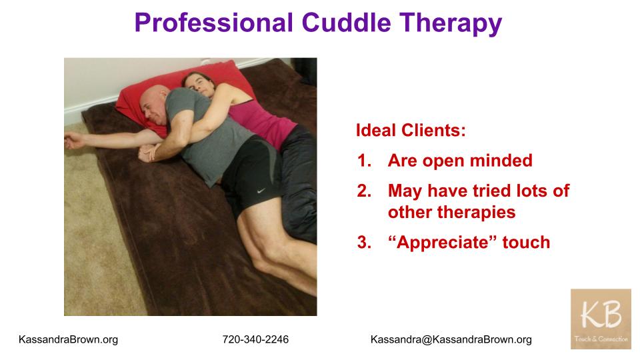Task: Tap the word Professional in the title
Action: pos(214,23)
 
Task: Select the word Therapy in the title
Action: pos(451,24)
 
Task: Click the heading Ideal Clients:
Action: pos(411,130)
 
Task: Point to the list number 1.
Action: pos(364,161)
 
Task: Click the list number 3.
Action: pos(364,242)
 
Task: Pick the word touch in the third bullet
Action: pos(526,242)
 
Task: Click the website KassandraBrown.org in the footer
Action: pos(68,339)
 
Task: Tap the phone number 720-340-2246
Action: pos(255,339)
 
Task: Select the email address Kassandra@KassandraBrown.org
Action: pos(451,339)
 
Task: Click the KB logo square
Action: pos(601,319)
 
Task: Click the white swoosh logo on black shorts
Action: pos(261,191)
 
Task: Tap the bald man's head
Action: pos(154,104)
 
